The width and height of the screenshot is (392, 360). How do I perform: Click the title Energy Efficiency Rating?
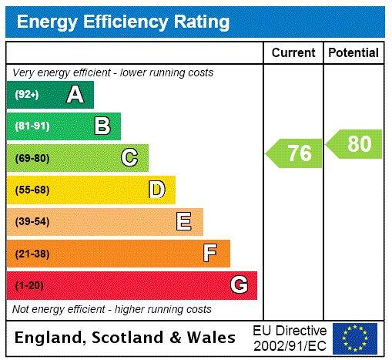(x=123, y=21)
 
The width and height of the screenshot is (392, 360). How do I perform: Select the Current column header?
(x=293, y=52)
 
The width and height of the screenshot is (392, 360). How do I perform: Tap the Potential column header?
(x=353, y=52)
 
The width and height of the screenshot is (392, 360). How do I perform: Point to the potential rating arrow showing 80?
(x=355, y=144)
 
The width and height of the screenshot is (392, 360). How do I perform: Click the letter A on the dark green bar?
(x=75, y=95)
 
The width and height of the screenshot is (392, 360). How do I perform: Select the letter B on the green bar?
(x=102, y=126)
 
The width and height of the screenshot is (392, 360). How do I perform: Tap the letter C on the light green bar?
(x=129, y=158)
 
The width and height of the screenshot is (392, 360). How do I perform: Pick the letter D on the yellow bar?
(x=156, y=190)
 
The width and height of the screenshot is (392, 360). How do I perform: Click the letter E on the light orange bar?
(x=184, y=222)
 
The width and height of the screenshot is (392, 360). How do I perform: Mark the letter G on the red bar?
(x=239, y=285)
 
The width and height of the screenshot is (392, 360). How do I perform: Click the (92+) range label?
(x=27, y=95)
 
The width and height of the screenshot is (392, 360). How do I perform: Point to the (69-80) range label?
(x=32, y=158)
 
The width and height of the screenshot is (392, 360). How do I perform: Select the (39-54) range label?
(x=32, y=222)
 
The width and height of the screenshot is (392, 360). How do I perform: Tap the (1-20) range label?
(x=29, y=285)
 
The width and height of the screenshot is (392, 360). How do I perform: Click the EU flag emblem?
(x=355, y=338)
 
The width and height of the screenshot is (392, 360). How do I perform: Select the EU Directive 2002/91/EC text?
(x=290, y=338)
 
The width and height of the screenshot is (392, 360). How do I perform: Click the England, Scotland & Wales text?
(x=126, y=338)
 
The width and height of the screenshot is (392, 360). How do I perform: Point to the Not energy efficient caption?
(x=112, y=309)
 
